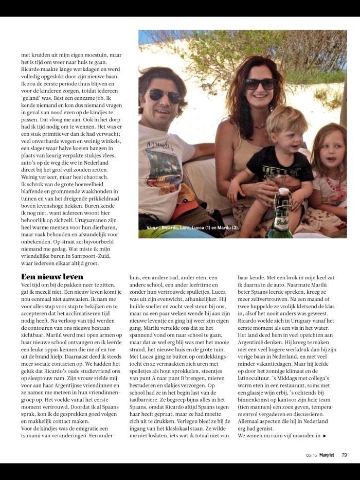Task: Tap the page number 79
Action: click(x=345, y=454)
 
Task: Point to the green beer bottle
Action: click(x=281, y=219)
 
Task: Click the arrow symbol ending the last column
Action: click(x=325, y=436)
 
